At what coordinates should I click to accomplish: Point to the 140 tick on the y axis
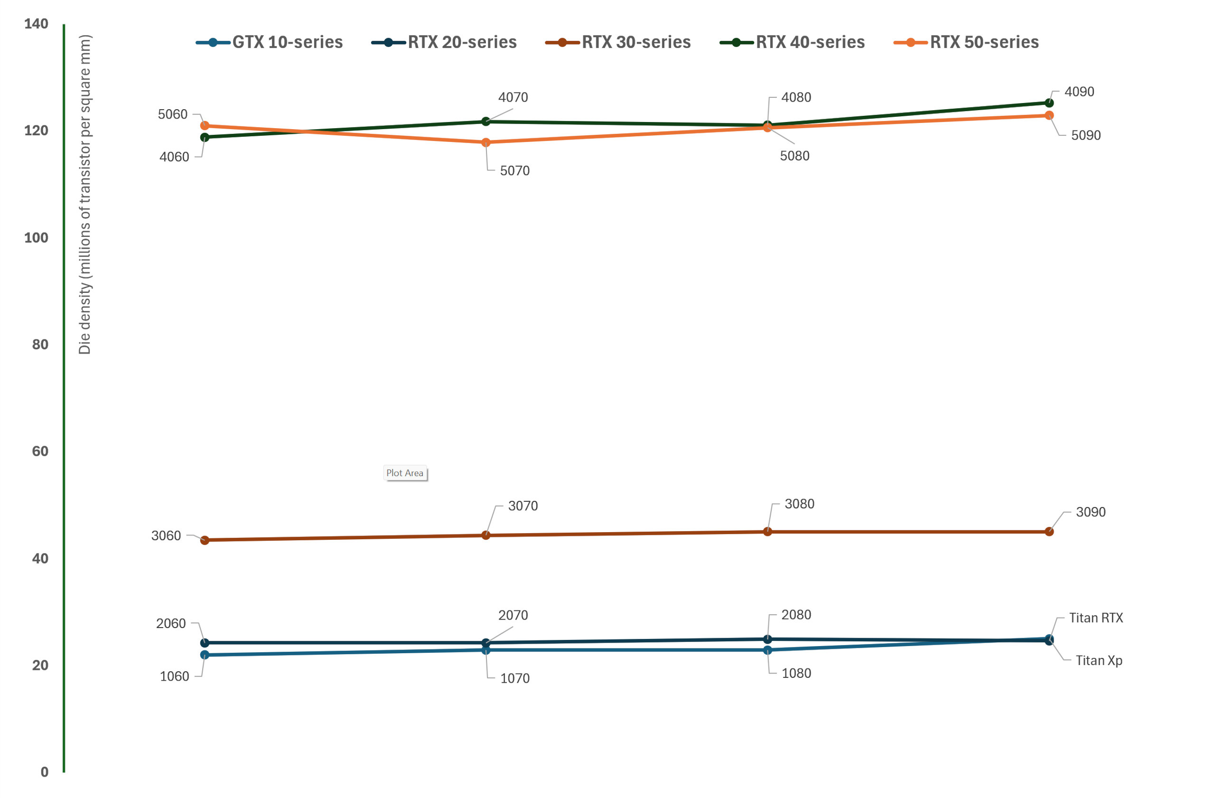pyautogui.click(x=36, y=24)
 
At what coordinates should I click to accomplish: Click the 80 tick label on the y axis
pyautogui.click(x=40, y=345)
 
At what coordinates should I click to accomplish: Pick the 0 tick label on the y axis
pyautogui.click(x=45, y=772)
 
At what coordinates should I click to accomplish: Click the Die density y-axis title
pyautogui.click(x=85, y=194)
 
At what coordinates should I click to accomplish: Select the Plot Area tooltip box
pyautogui.click(x=405, y=473)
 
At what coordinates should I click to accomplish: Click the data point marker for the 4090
pyautogui.click(x=1048, y=103)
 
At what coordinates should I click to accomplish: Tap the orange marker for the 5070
pyautogui.click(x=486, y=142)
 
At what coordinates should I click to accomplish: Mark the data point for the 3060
pyautogui.click(x=205, y=540)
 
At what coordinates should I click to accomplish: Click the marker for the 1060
pyautogui.click(x=205, y=655)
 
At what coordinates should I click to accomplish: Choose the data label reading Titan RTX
pyautogui.click(x=1095, y=618)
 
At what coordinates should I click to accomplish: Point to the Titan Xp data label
pyautogui.click(x=1099, y=661)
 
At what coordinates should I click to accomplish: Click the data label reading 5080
pyautogui.click(x=794, y=156)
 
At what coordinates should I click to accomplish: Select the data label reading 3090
pyautogui.click(x=1091, y=512)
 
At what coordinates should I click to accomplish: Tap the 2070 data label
pyautogui.click(x=513, y=615)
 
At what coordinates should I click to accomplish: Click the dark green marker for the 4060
pyautogui.click(x=205, y=137)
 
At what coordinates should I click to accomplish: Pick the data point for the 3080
pyautogui.click(x=767, y=532)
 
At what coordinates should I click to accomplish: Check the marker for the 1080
pyautogui.click(x=767, y=650)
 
